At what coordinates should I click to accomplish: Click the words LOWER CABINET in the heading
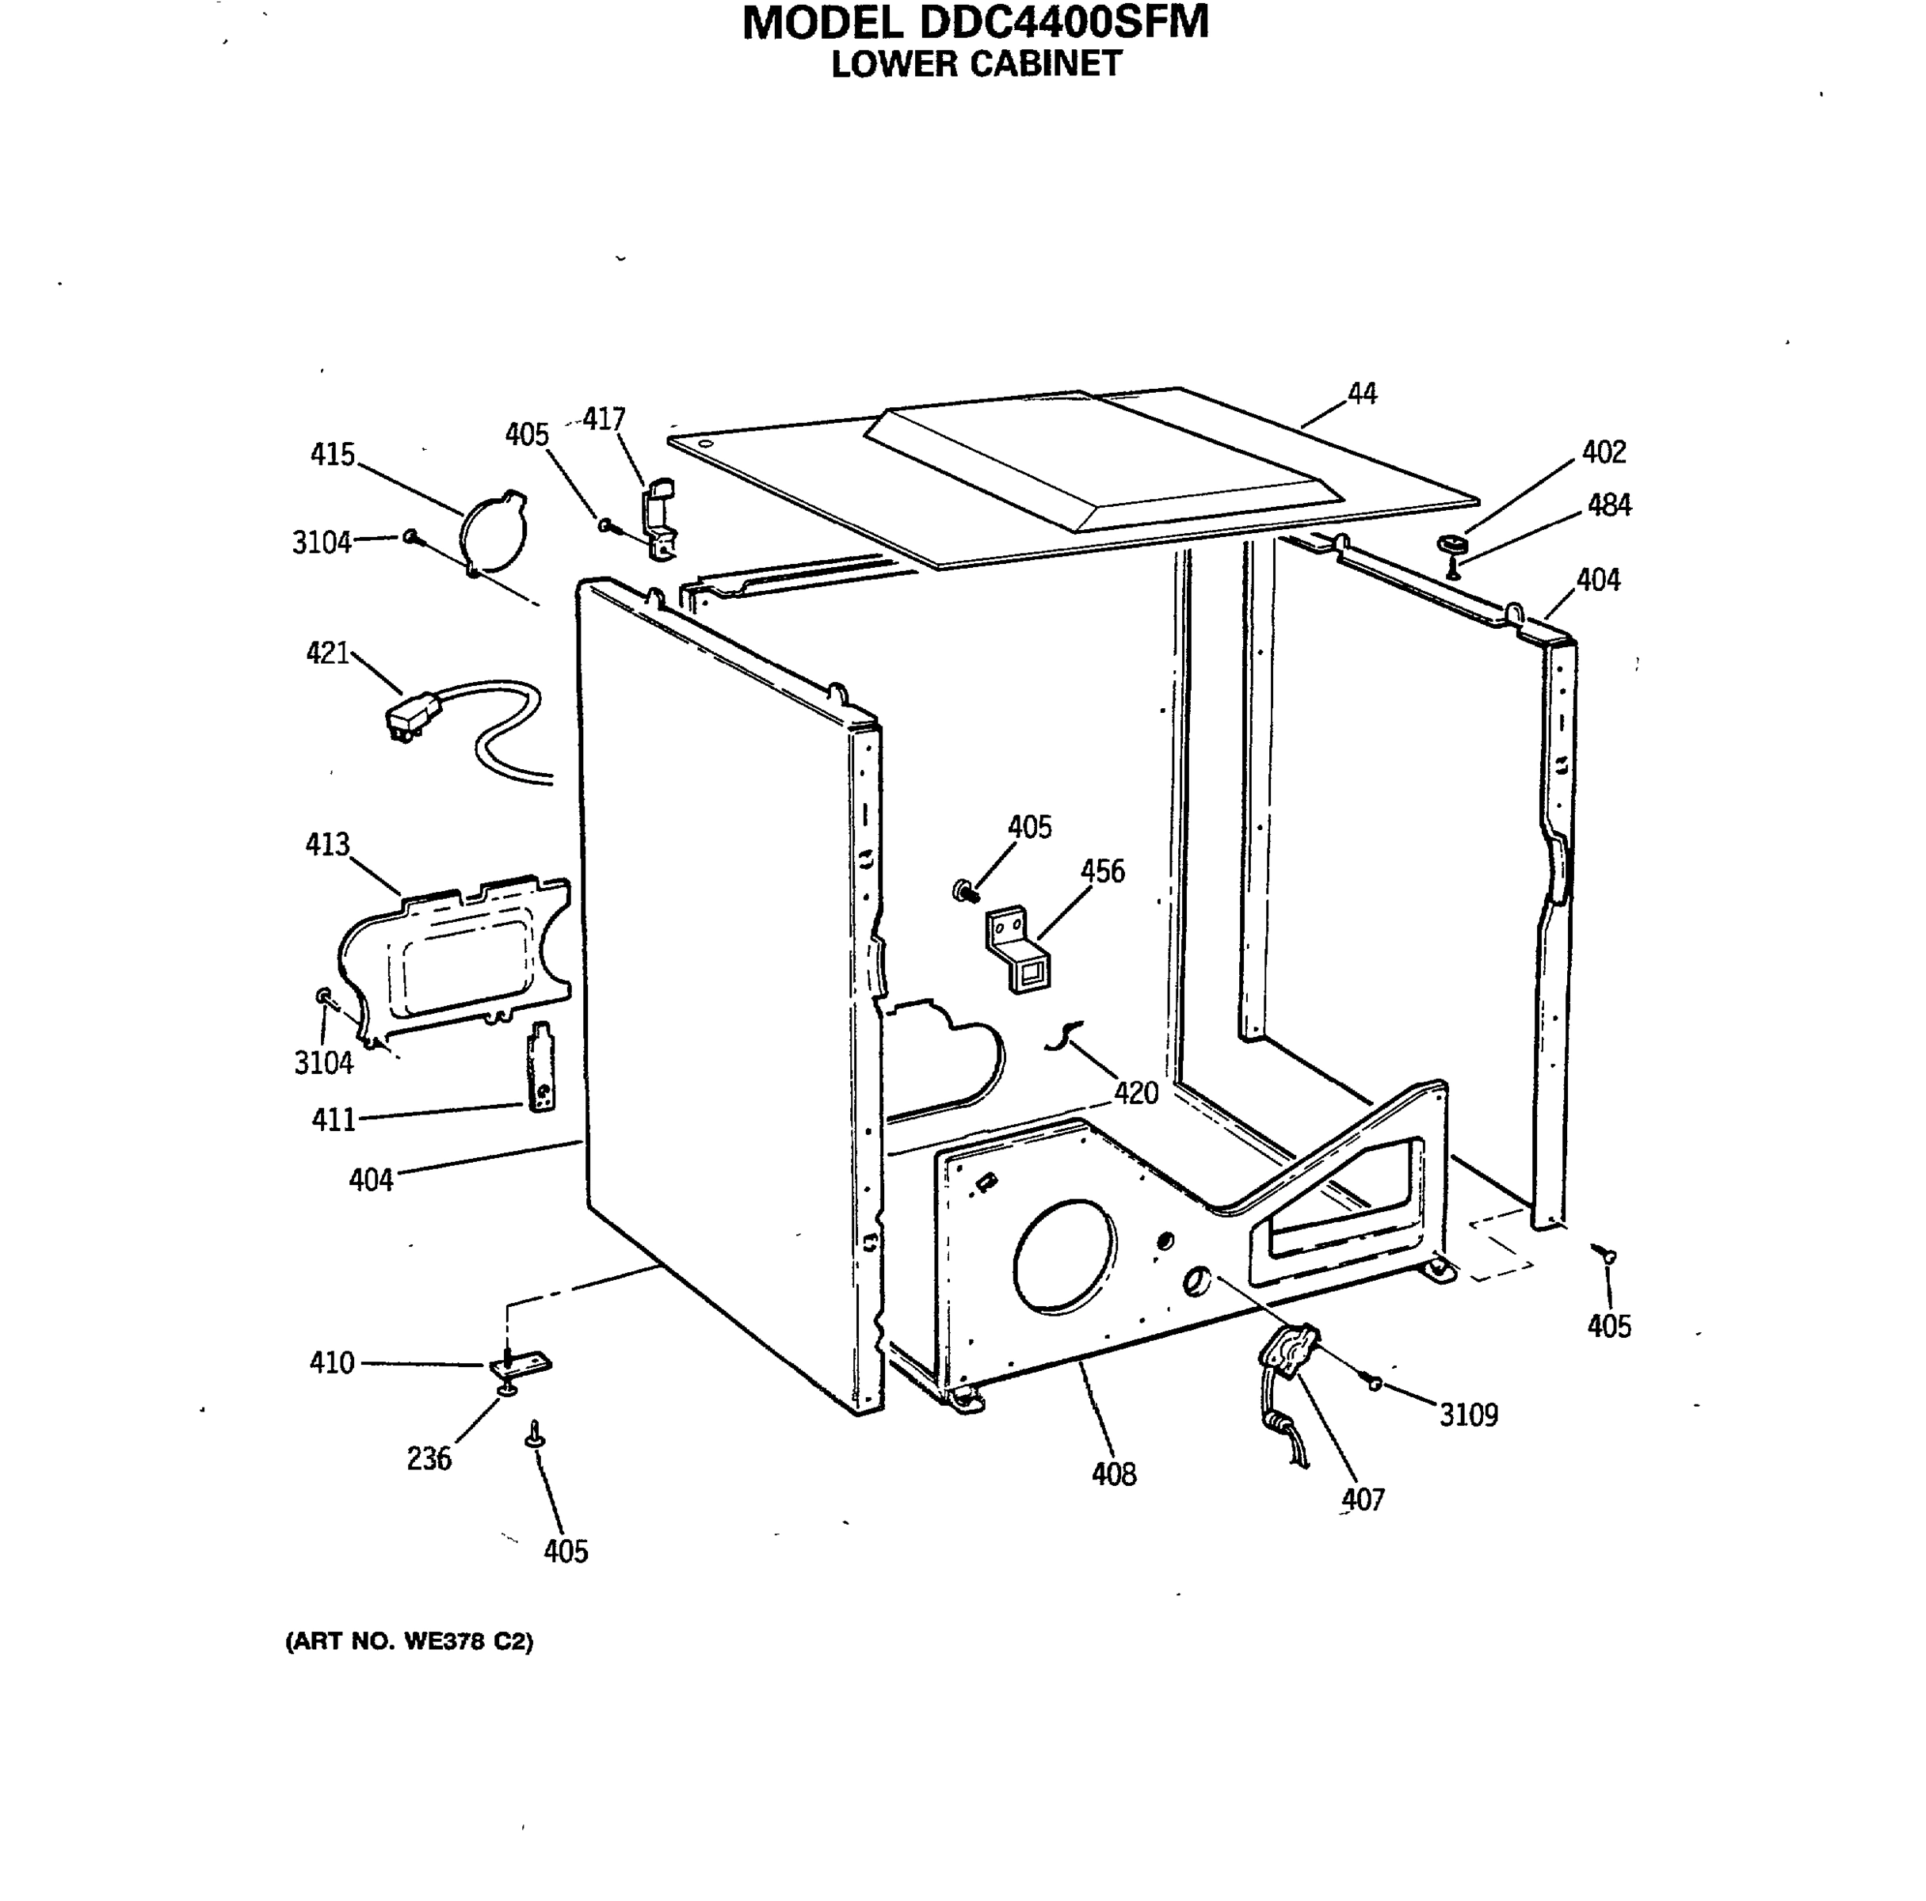tap(976, 64)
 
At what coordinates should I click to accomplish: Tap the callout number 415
tap(332, 455)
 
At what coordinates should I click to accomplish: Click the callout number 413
tap(327, 844)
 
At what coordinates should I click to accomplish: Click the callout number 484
tap(1608, 505)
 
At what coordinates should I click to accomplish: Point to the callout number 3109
tap(1467, 1415)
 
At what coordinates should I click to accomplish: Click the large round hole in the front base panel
tap(1064, 1255)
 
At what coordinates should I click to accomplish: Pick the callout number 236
tap(429, 1458)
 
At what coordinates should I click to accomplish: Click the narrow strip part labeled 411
tap(540, 1068)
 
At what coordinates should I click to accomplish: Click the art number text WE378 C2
tap(467, 1641)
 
